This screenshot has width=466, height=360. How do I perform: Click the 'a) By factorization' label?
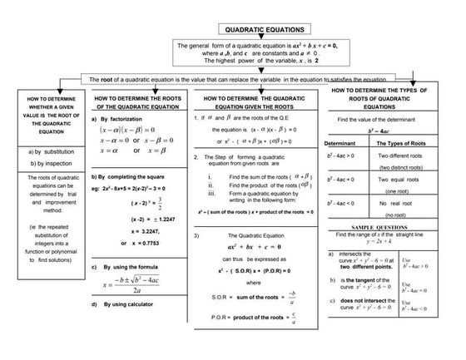[x=116, y=119]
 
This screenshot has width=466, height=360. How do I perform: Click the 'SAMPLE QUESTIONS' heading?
[x=383, y=226]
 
